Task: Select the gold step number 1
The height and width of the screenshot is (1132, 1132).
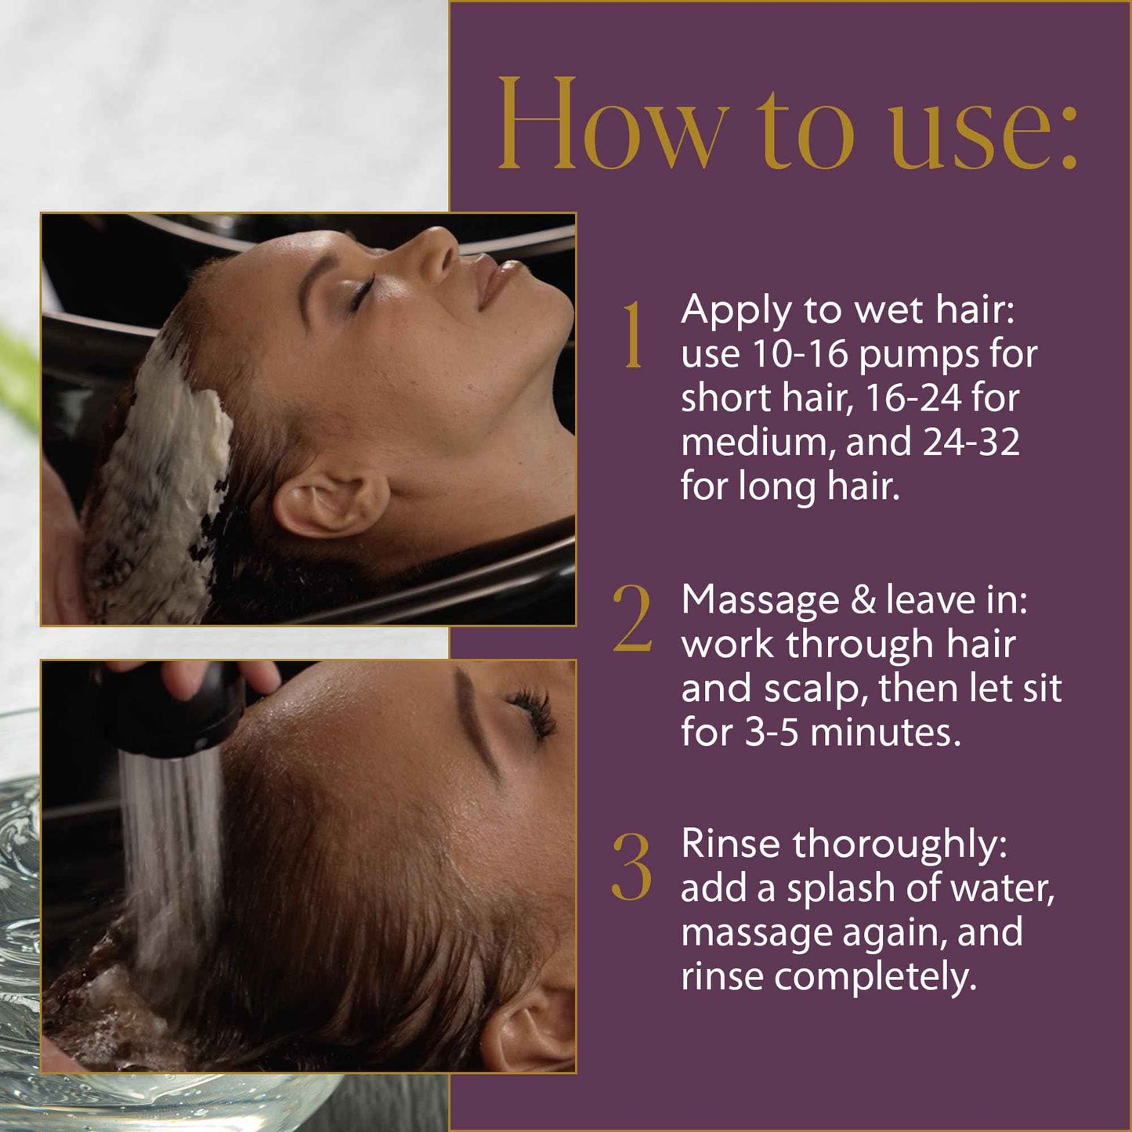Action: point(633,335)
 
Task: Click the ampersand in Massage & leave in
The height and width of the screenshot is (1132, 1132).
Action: point(863,600)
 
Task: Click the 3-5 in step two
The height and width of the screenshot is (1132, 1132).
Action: point(772,733)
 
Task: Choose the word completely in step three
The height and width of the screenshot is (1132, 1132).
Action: point(875,979)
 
